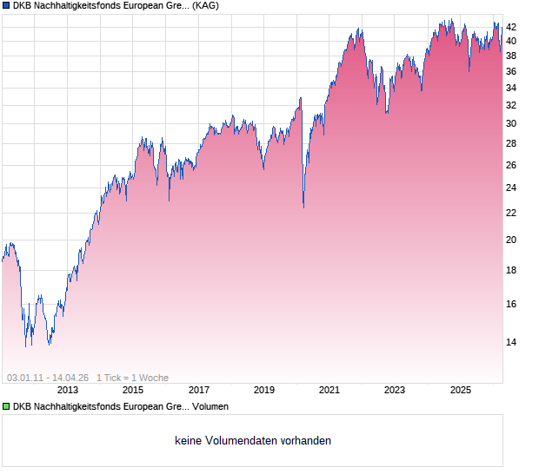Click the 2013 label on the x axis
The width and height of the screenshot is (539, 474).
point(68,391)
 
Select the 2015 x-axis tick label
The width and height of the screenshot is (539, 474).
point(133,391)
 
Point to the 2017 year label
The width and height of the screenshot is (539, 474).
point(199,391)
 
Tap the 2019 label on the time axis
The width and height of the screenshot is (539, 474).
point(264,391)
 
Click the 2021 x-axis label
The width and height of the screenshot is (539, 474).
point(329,391)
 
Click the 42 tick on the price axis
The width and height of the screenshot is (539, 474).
point(512,26)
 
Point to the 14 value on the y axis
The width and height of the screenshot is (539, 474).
point(512,342)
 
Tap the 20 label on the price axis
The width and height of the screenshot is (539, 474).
point(512,240)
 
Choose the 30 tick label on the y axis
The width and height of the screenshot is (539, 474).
point(512,123)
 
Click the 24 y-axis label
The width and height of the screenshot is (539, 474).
point(512,188)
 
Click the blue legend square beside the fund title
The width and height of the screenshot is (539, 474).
point(6,6)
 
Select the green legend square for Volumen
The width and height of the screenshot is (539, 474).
point(6,406)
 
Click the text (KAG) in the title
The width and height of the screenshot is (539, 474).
point(205,6)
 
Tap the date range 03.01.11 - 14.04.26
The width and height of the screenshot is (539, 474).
point(48,378)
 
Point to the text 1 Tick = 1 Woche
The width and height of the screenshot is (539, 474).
point(132,378)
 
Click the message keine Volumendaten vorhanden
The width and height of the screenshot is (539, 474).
point(252,441)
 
